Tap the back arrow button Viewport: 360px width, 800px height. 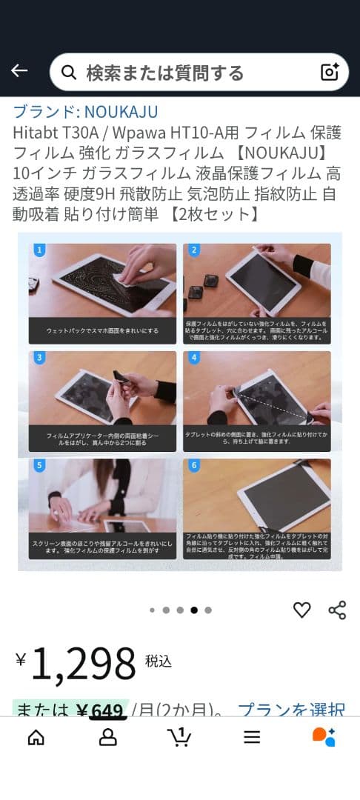[19, 71]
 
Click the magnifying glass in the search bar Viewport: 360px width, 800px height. [69, 73]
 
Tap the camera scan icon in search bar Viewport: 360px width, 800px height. [329, 72]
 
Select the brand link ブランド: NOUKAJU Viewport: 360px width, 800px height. [85, 112]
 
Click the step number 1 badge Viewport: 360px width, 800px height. [39, 250]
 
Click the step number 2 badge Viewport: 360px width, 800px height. [194, 250]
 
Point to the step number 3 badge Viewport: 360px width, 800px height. [39, 358]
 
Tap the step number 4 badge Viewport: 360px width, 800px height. [194, 358]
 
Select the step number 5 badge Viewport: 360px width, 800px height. [39, 466]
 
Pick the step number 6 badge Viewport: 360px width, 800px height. [194, 466]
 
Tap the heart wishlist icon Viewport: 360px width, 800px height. [301, 610]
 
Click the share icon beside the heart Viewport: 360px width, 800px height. [337, 610]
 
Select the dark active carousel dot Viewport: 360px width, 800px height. [194, 610]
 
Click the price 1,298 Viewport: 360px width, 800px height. [83, 663]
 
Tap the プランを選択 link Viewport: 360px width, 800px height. [291, 710]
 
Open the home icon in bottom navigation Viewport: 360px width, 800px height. [36, 737]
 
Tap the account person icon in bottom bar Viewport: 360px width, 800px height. [108, 737]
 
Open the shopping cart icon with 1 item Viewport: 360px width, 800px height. [179, 737]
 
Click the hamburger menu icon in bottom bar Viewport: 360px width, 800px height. [252, 737]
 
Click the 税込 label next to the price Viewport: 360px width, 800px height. [159, 661]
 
